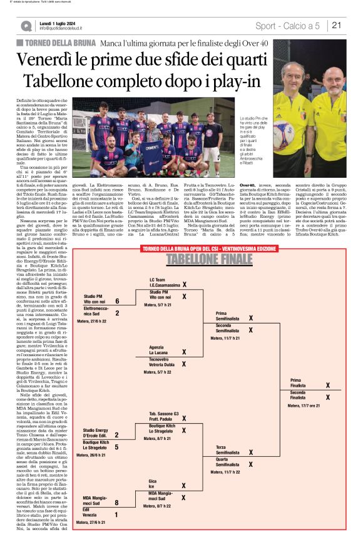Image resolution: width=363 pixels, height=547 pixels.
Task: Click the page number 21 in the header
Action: (x=336, y=25)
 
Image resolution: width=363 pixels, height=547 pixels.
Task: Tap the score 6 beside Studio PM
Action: (x=117, y=301)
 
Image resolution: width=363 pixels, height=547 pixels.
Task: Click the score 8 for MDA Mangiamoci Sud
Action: (x=117, y=502)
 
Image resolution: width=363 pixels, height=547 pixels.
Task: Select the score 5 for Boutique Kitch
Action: (x=117, y=447)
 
